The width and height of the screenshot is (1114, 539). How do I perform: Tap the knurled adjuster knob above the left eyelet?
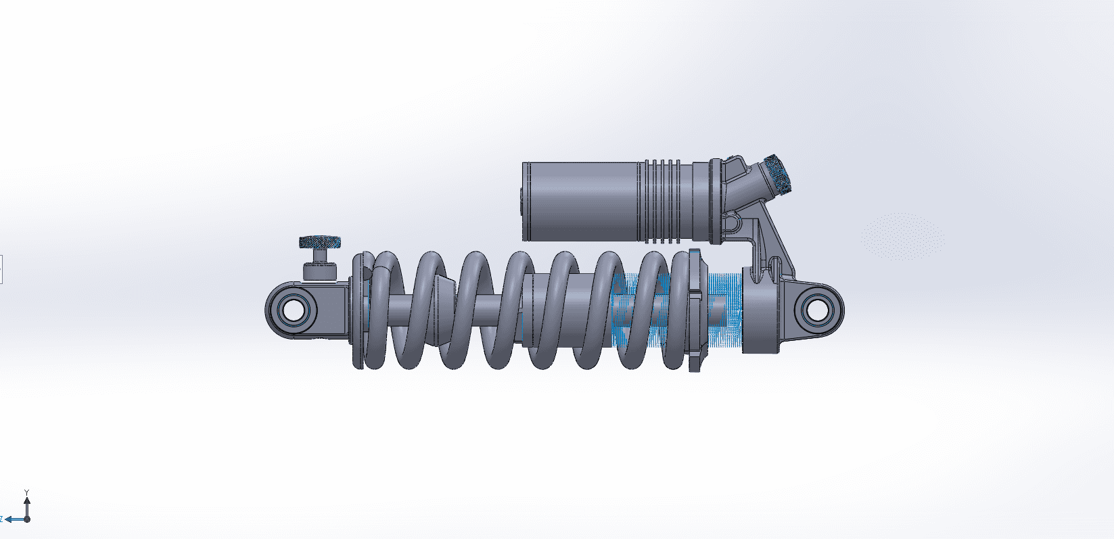click(x=321, y=243)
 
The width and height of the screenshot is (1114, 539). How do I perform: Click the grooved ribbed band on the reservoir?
click(x=662, y=202)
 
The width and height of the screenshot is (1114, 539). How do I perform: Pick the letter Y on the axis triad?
click(x=27, y=492)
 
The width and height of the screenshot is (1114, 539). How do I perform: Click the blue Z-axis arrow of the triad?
click(x=15, y=519)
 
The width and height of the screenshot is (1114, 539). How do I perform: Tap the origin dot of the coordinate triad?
click(x=27, y=519)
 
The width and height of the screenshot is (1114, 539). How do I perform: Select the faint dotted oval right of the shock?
click(x=903, y=237)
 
